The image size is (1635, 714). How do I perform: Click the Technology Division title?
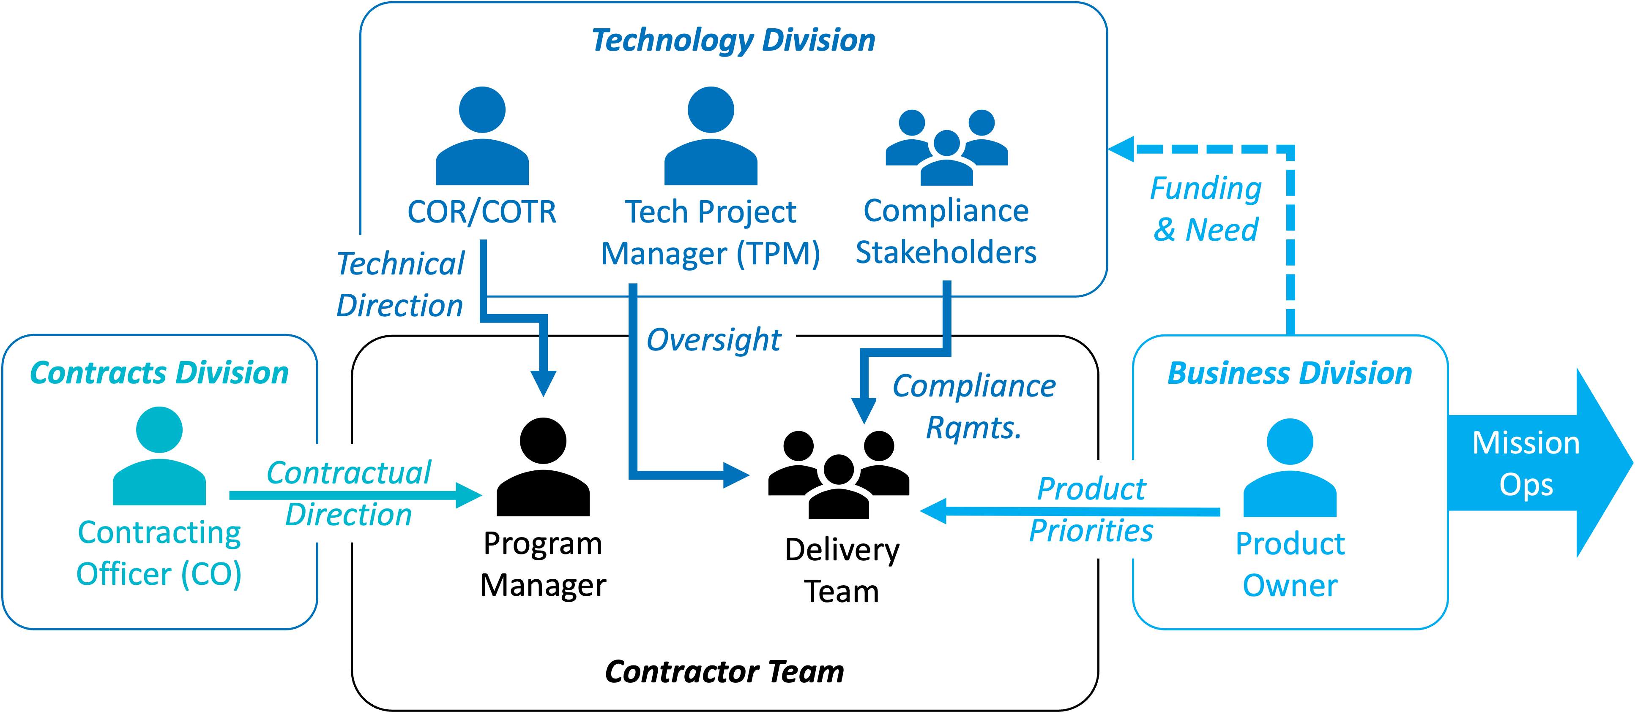733,41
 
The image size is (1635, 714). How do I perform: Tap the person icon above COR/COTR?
482,136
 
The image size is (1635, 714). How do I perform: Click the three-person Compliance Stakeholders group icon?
946,148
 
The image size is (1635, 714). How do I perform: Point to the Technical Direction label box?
400,284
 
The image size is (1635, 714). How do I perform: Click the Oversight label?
715,339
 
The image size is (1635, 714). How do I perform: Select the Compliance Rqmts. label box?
974,406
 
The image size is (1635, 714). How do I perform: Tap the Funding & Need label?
1205,209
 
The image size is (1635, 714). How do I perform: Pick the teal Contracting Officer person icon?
159,456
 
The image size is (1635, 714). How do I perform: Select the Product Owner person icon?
1290,468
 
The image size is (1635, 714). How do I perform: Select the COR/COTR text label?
482,212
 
